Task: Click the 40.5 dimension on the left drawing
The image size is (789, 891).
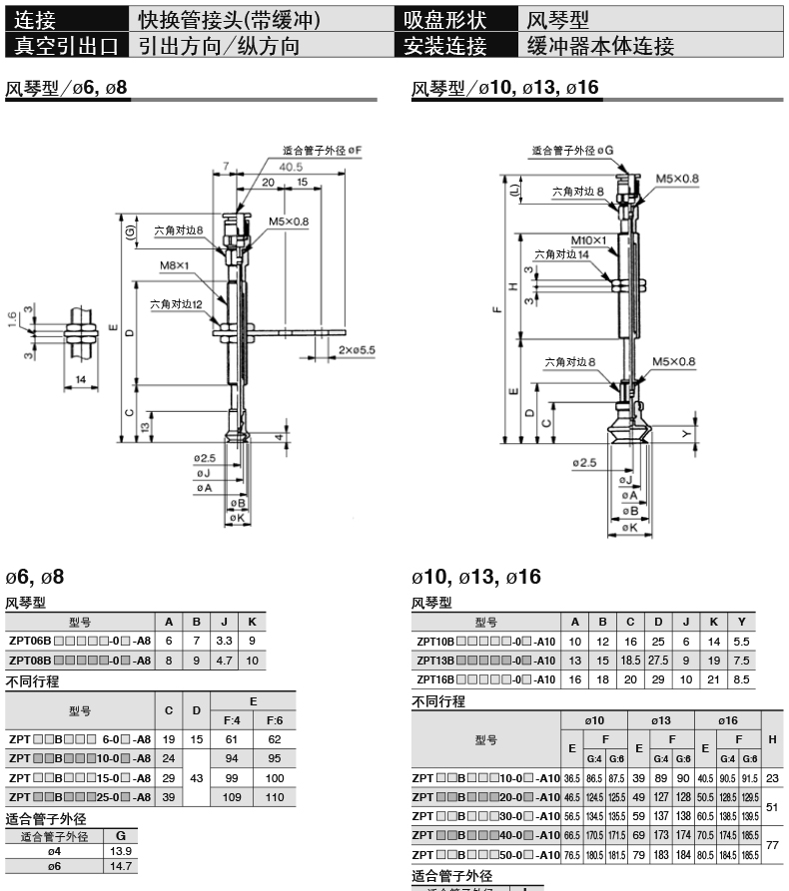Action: pyautogui.click(x=264, y=167)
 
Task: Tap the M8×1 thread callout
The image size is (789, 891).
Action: pyautogui.click(x=175, y=264)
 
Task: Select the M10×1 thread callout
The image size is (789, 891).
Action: pyautogui.click(x=588, y=240)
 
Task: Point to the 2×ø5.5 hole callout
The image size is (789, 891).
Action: pyautogui.click(x=356, y=350)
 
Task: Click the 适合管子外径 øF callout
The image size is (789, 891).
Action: pyautogui.click(x=321, y=150)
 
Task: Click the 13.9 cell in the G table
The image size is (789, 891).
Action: pyautogui.click(x=121, y=850)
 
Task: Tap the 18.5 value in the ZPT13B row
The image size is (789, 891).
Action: pyautogui.click(x=629, y=661)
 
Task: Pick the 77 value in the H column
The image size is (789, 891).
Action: pyautogui.click(x=772, y=842)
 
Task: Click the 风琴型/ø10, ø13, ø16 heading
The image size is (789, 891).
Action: pyautogui.click(x=505, y=89)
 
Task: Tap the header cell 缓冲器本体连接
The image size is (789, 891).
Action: pyautogui.click(x=599, y=45)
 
